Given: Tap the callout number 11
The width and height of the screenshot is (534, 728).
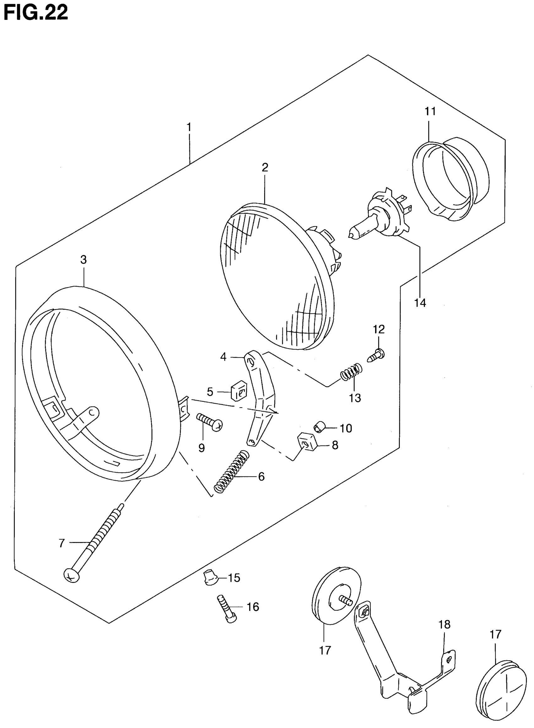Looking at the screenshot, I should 430,111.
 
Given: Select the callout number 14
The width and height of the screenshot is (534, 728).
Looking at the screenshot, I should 420,303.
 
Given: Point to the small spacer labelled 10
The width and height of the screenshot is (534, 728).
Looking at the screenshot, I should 319,427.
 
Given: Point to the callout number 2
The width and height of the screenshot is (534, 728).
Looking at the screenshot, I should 265,167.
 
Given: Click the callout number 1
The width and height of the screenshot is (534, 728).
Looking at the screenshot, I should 189,127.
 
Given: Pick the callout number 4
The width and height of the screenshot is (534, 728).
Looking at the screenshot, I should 223,357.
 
